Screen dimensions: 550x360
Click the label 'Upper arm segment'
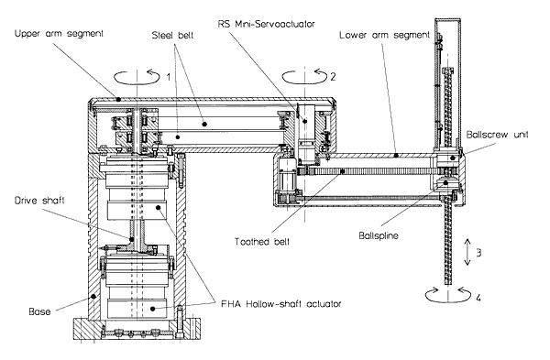[x=59, y=34]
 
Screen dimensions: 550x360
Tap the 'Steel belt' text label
[x=172, y=36]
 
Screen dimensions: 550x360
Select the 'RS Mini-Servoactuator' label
[x=266, y=24]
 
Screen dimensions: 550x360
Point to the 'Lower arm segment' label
[x=384, y=35]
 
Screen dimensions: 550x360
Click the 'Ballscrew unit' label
[x=497, y=135]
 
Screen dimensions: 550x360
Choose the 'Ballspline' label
[x=379, y=235]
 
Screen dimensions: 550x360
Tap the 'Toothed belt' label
[x=262, y=242]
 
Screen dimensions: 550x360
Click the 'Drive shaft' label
[x=39, y=201]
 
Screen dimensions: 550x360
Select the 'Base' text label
[x=39, y=311]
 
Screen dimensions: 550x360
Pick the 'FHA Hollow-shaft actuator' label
[x=281, y=303]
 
